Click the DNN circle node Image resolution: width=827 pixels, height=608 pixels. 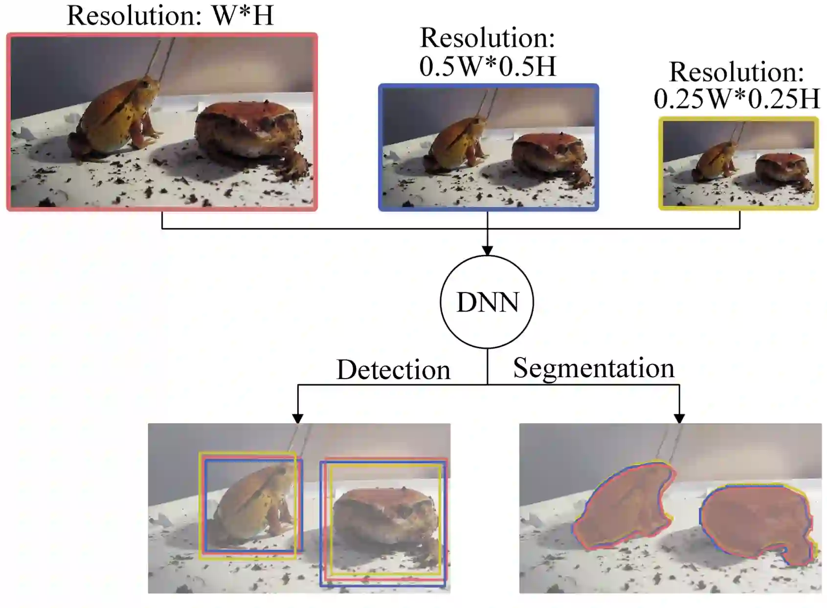coord(487,302)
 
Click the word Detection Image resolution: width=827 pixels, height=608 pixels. coord(393,370)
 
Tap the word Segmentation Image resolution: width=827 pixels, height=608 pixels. coord(593,368)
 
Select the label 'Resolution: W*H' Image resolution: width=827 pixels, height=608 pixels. coord(170,16)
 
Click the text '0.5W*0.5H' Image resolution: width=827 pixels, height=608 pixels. coord(488,67)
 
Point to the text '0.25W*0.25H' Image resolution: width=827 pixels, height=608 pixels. coord(737,99)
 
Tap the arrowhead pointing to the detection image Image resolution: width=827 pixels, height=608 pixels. coord(297,419)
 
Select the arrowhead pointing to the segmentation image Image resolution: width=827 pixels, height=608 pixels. coord(679,419)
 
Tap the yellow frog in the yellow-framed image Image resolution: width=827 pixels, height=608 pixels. coord(715,161)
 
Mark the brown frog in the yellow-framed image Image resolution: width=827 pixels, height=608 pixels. coord(780,169)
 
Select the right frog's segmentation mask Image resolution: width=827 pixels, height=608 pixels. coord(756,521)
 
